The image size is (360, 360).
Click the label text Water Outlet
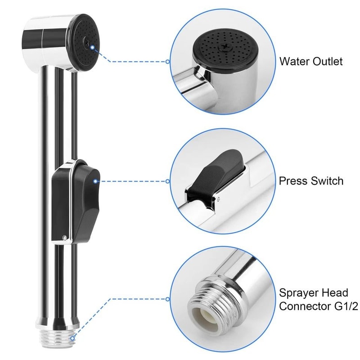[310, 61]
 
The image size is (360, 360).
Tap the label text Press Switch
[311, 181]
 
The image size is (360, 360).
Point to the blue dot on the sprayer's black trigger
[95, 181]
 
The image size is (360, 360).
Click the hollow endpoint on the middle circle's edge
[167, 181]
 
